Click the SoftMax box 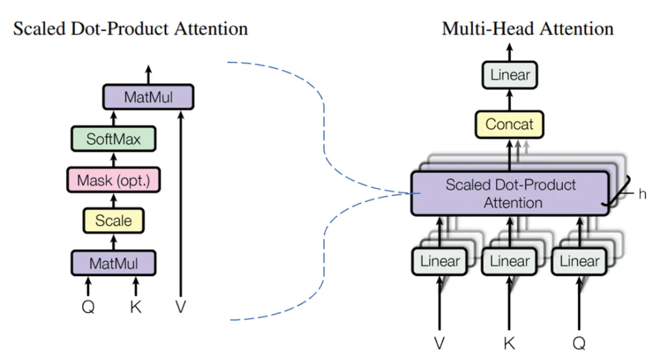pyautogui.click(x=113, y=138)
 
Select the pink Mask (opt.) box pyautogui.click(x=113, y=180)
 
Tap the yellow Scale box pyautogui.click(x=113, y=220)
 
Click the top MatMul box pyautogui.click(x=148, y=96)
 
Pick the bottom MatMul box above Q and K pyautogui.click(x=113, y=262)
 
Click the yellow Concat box pyautogui.click(x=509, y=124)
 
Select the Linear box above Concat pyautogui.click(x=509, y=76)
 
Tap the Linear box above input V pyautogui.click(x=439, y=261)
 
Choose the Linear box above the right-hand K pyautogui.click(x=509, y=261)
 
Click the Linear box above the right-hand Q pyautogui.click(x=580, y=261)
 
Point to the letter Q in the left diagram pyautogui.click(x=88, y=307)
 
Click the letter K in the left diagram pyautogui.click(x=136, y=307)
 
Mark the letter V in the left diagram pyautogui.click(x=181, y=307)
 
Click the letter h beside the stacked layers pyautogui.click(x=642, y=194)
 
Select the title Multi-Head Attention pyautogui.click(x=528, y=29)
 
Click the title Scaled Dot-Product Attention pyautogui.click(x=130, y=29)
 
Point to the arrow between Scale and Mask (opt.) pyautogui.click(x=113, y=200)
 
